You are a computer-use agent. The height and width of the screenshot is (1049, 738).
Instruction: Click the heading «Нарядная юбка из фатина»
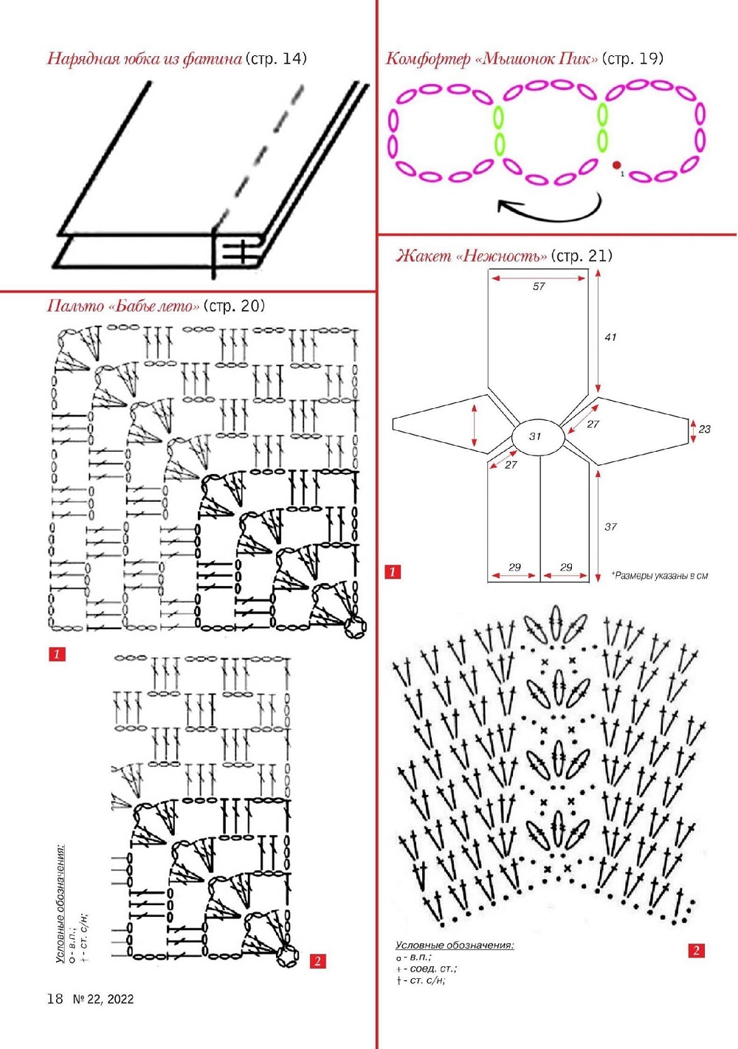145,58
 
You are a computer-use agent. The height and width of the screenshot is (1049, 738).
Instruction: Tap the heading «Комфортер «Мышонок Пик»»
492,58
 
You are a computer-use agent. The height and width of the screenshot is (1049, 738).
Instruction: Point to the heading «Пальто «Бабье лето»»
123,306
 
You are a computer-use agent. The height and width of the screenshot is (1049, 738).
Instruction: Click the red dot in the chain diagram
616,165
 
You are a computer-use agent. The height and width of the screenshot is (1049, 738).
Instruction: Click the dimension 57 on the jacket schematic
539,286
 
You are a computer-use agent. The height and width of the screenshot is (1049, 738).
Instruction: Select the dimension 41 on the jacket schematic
610,337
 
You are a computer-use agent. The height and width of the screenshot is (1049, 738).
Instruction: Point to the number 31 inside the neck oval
536,436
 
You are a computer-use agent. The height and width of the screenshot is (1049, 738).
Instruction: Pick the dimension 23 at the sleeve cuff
705,429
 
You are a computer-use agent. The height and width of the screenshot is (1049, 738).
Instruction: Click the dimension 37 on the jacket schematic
610,526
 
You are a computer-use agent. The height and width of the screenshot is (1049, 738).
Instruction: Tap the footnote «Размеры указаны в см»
659,576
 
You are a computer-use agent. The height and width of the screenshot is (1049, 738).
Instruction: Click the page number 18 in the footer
55,999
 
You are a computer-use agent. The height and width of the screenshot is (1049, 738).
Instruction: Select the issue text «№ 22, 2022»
103,999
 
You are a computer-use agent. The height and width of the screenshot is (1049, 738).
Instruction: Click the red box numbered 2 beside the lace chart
696,950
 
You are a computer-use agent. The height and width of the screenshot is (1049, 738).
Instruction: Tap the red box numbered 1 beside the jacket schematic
393,571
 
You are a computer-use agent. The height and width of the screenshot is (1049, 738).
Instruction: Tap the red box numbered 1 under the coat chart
57,654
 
